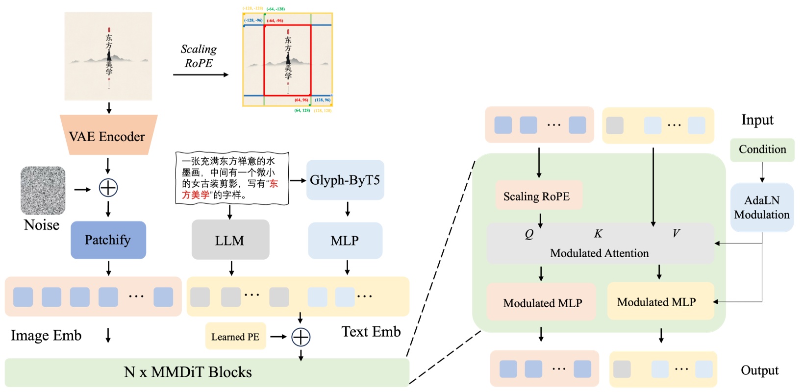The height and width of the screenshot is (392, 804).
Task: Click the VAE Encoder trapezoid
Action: pyautogui.click(x=108, y=136)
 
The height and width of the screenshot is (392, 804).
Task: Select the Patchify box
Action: pyautogui.click(x=108, y=240)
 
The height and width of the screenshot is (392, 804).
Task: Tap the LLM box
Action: pyautogui.click(x=230, y=240)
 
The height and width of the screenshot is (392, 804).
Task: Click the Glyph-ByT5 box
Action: pyautogui.click(x=345, y=180)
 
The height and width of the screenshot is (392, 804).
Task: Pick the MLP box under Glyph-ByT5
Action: pyautogui.click(x=345, y=240)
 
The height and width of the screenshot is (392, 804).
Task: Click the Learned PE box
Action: pyautogui.click(x=235, y=337)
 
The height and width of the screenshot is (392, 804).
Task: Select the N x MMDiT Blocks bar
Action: pyautogui.click(x=206, y=372)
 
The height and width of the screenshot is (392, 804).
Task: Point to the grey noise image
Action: pyautogui.click(x=43, y=190)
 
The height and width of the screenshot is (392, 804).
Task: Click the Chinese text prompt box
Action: pyautogui.click(x=232, y=178)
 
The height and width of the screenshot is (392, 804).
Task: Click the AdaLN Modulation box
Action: pyautogui.click(x=761, y=207)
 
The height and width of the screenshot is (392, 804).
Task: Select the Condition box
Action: pyautogui.click(x=762, y=149)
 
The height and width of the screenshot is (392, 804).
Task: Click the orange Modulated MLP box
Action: pyautogui.click(x=542, y=303)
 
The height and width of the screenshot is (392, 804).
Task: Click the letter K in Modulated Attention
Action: pyautogui.click(x=598, y=234)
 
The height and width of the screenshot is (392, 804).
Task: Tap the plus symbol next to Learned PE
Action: pyautogui.click(x=301, y=337)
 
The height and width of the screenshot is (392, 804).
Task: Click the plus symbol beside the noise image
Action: pyautogui.click(x=108, y=188)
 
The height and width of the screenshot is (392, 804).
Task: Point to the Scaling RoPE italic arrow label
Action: pyautogui.click(x=199, y=56)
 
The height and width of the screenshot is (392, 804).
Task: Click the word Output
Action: pyautogui.click(x=759, y=370)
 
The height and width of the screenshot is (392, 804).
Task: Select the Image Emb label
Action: pyautogui.click(x=46, y=336)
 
